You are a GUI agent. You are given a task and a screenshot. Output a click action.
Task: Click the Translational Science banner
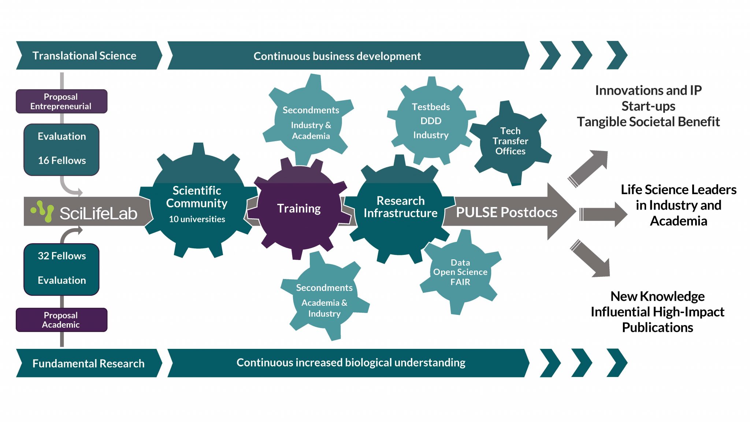pos(84,56)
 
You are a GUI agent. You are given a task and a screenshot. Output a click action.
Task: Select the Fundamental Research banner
pos(88,363)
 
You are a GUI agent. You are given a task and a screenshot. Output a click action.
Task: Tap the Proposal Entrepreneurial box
pos(61,101)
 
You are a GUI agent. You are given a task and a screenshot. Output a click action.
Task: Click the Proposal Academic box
pos(61,320)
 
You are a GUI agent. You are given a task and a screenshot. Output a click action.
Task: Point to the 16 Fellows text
pos(62,161)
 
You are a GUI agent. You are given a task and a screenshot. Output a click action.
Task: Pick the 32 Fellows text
pos(62,256)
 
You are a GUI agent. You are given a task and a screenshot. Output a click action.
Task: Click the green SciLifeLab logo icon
pos(42,211)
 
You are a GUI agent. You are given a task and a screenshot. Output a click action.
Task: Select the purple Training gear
pos(299,208)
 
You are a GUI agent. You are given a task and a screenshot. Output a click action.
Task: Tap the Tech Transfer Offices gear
pos(510,141)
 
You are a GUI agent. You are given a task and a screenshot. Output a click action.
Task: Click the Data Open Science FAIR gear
pos(460,272)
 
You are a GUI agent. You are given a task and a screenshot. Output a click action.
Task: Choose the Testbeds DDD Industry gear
pos(431,121)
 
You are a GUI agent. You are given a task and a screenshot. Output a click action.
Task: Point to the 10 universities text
pos(197,219)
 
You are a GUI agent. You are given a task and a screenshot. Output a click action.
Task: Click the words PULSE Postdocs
pos(506,212)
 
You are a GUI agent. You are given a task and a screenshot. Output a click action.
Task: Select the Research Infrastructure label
pos(400,207)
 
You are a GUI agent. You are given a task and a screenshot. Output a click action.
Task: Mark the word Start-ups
pos(648,106)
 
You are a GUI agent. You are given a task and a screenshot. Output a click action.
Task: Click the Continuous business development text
pos(337,56)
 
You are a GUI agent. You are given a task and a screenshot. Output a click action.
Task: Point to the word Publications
pos(657,327)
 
